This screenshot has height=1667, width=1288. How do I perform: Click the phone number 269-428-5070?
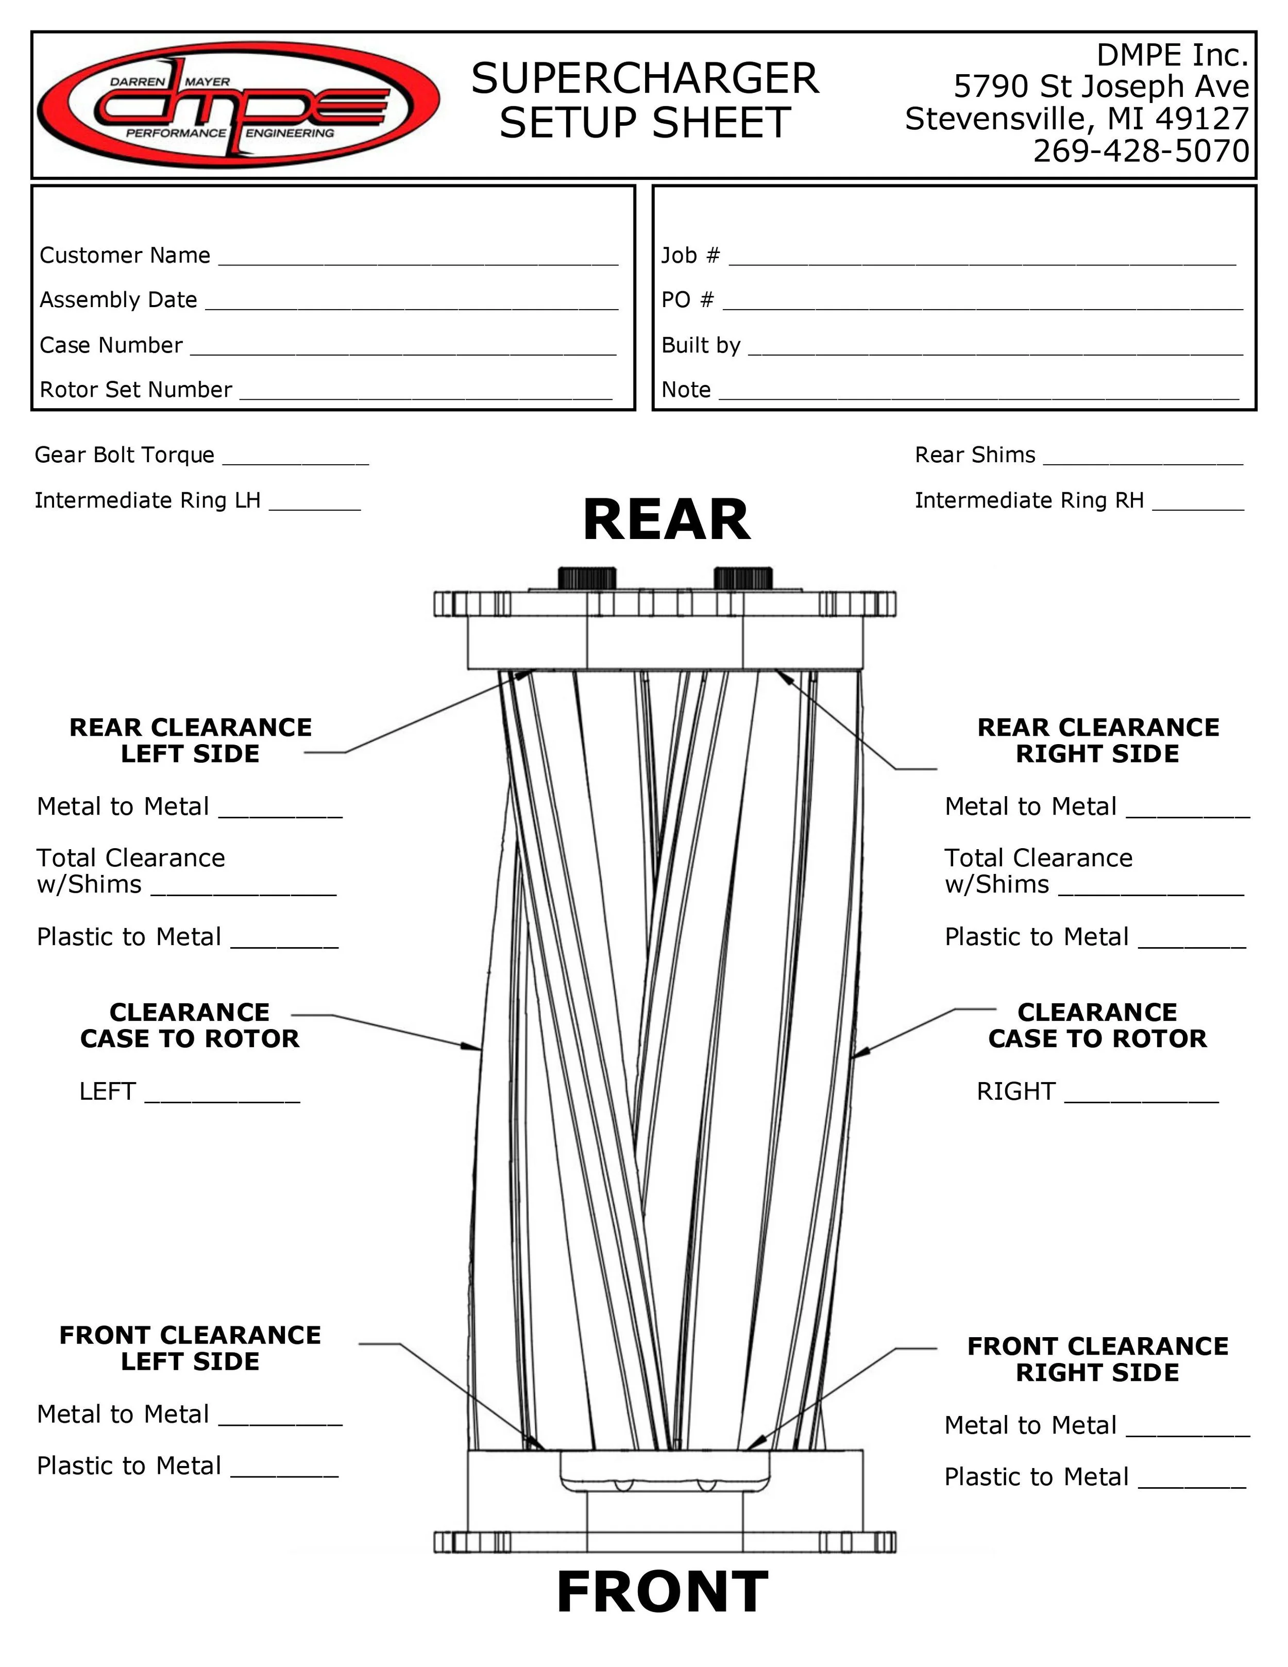tap(1141, 151)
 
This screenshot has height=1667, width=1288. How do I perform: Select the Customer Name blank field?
tap(418, 258)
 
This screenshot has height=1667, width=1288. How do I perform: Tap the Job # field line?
tap(982, 258)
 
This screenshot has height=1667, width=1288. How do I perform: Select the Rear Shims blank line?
tap(1142, 458)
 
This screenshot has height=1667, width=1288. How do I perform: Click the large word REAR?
tap(666, 520)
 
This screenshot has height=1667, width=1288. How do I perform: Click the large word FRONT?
tap(663, 1592)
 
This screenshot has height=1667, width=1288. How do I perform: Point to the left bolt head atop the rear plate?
tap(587, 578)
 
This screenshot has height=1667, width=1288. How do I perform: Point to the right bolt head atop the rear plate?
tap(742, 578)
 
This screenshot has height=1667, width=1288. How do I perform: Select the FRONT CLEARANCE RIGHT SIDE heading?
tap(1097, 1359)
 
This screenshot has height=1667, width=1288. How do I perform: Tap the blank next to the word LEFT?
tap(222, 1095)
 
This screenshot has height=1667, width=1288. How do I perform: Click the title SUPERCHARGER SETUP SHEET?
tap(645, 101)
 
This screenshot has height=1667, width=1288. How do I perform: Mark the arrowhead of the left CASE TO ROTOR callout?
tap(476, 1048)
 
